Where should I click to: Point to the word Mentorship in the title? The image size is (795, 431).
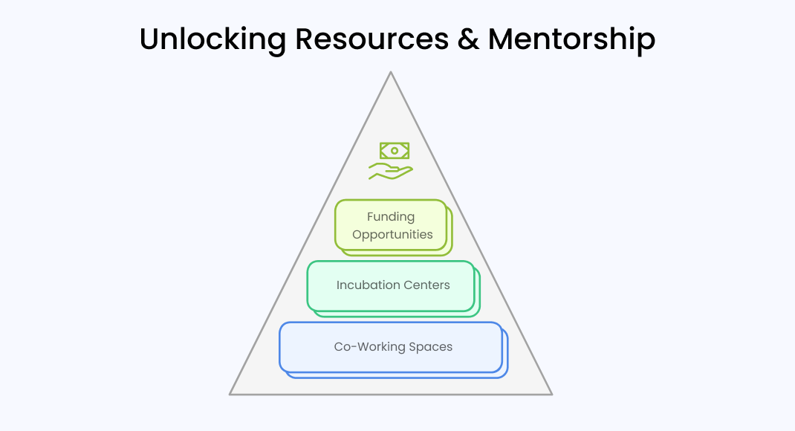571,39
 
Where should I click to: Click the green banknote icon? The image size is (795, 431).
395,151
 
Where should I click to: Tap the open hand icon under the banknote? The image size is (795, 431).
390,172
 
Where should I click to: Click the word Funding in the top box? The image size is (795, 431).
391,217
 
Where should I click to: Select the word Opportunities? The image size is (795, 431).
392,235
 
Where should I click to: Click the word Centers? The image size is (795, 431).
426,285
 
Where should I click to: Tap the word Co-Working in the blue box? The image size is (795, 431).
367,347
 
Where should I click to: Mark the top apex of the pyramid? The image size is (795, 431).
391,73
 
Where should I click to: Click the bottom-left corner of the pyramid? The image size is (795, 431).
231,393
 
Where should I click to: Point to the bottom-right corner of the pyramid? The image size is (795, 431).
551,393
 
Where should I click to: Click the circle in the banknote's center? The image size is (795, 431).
395,151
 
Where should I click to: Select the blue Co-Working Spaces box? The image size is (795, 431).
391,364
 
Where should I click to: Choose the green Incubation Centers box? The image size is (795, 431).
391,300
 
